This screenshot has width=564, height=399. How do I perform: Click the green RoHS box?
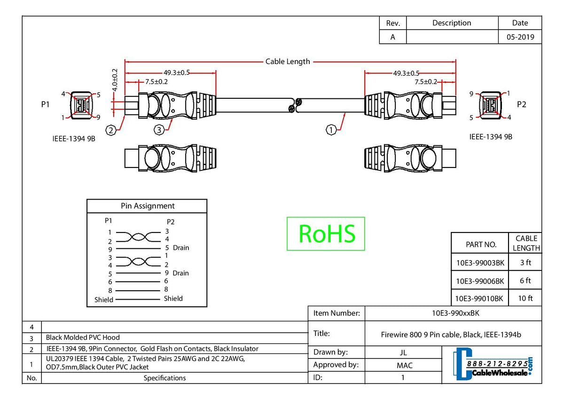click(x=326, y=233)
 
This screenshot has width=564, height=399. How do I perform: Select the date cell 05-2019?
click(x=520, y=37)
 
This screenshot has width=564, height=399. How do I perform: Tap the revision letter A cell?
click(x=392, y=37)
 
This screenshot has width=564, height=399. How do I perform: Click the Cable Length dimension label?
click(x=288, y=61)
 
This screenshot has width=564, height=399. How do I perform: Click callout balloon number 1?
click(x=331, y=130)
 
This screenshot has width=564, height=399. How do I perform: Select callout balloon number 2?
click(x=111, y=130)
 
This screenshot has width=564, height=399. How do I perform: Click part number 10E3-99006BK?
click(x=480, y=281)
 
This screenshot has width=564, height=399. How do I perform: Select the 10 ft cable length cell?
click(x=525, y=298)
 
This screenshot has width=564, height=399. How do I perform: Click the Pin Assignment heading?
click(x=147, y=206)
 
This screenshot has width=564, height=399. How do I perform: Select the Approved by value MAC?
click(x=404, y=365)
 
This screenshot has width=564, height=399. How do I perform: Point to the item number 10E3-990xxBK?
click(x=453, y=313)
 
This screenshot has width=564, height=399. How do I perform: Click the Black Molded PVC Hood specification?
click(x=83, y=337)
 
